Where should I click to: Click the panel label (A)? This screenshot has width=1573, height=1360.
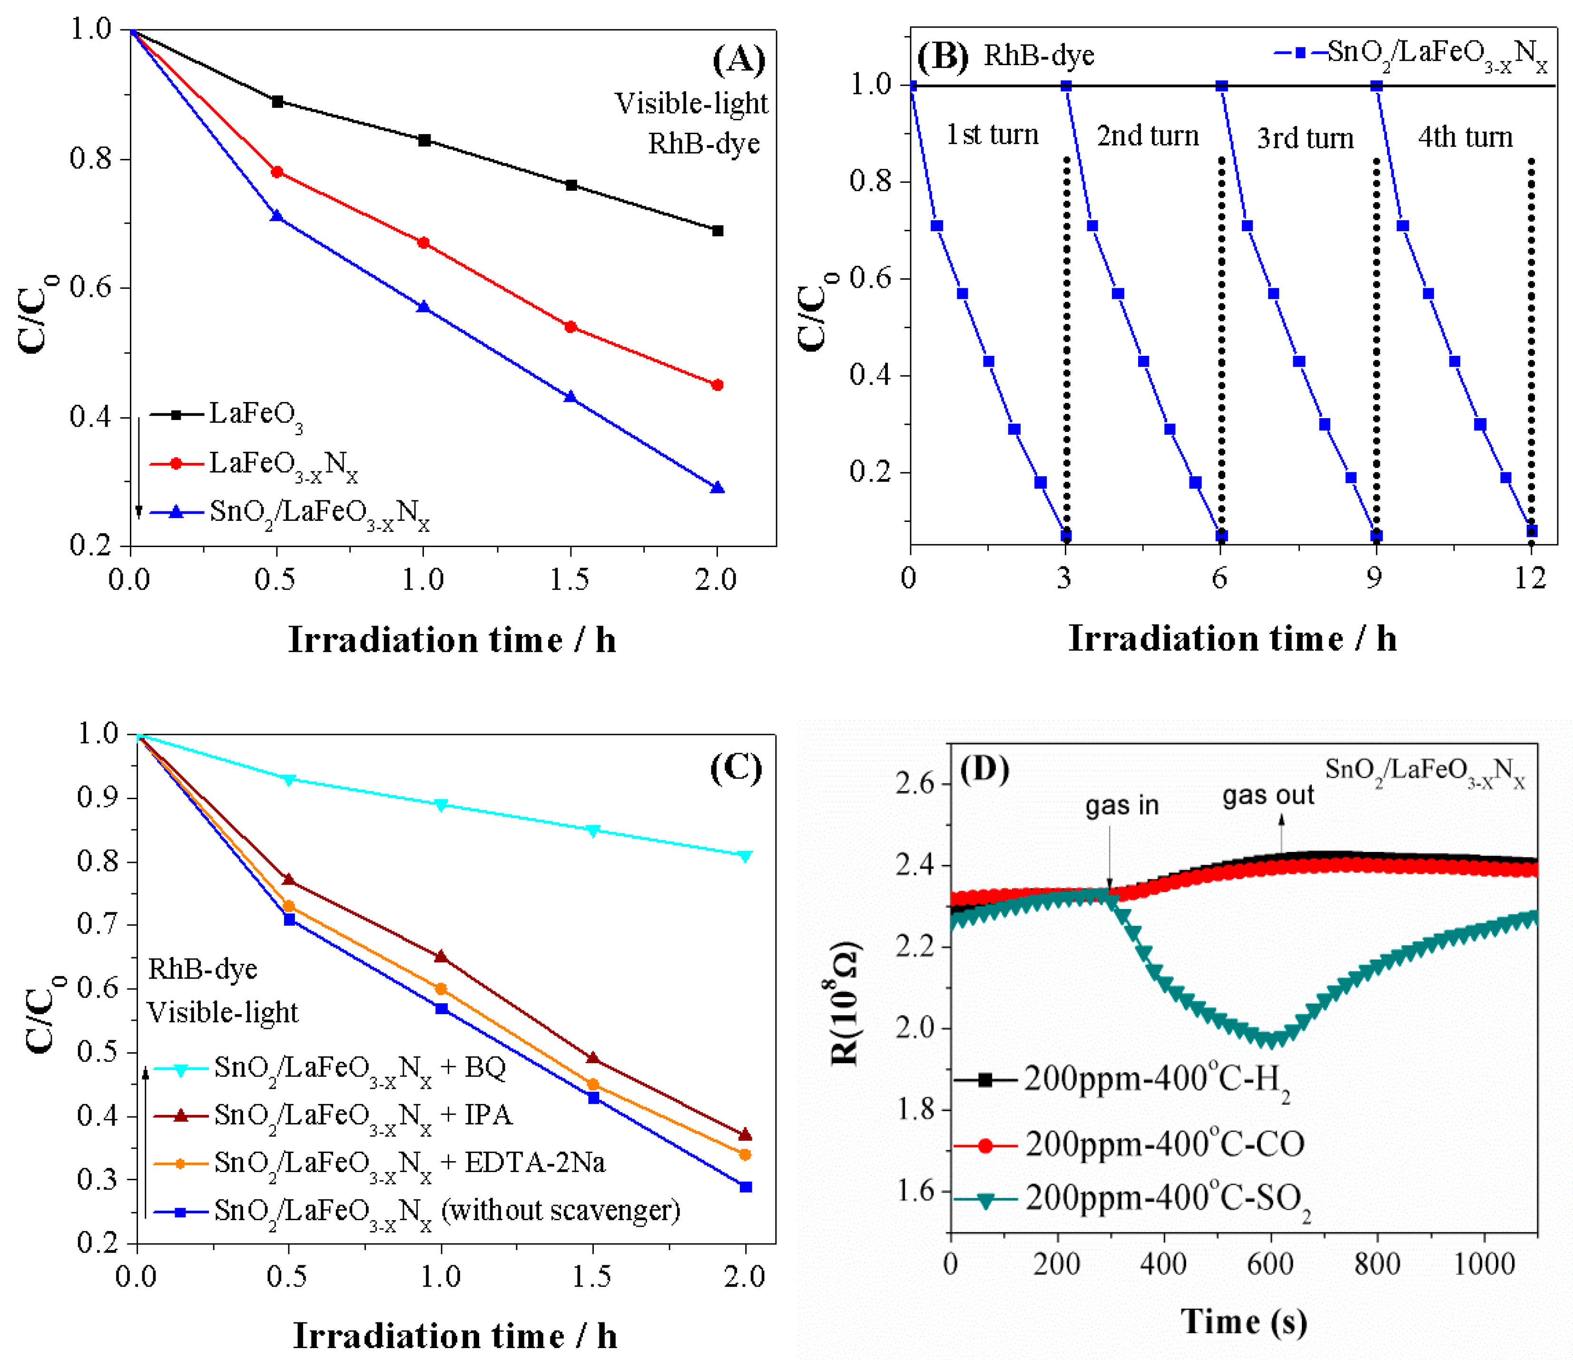738,61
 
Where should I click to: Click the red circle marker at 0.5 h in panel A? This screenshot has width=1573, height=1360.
277,172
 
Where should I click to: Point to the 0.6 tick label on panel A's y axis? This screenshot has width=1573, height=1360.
89,288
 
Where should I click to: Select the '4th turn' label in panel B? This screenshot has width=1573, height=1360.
1465,137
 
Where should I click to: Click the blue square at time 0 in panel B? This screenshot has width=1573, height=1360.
912,86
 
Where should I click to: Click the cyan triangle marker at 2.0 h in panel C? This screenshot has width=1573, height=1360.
746,857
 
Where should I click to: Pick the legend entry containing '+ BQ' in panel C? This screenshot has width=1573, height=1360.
359,1068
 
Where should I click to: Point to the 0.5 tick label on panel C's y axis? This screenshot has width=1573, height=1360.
97,1053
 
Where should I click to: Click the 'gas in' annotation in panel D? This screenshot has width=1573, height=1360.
1121,805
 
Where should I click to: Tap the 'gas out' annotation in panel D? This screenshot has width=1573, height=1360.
1268,795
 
